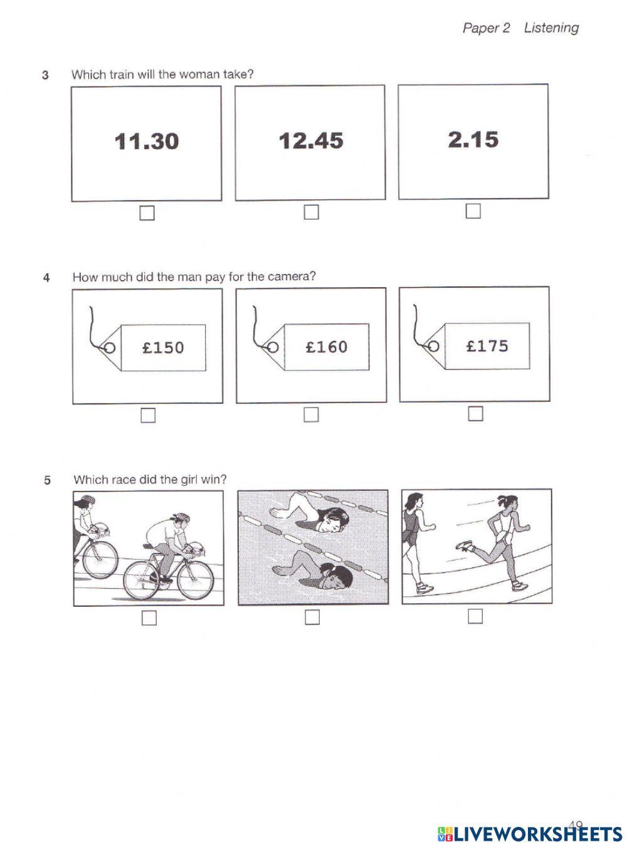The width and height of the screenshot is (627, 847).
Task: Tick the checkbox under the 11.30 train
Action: [147, 213]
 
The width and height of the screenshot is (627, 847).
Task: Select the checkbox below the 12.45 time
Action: [311, 213]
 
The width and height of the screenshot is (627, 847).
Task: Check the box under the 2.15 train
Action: [473, 211]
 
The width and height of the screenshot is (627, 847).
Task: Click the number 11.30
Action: [147, 141]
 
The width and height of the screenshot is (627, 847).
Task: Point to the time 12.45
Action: [311, 140]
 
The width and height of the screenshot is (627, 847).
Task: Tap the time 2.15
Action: [473, 139]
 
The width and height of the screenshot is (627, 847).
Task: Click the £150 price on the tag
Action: [163, 347]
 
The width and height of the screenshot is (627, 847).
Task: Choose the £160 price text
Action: [326, 347]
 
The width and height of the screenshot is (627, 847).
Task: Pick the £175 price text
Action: [487, 345]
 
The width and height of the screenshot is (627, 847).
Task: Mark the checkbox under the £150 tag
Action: [148, 416]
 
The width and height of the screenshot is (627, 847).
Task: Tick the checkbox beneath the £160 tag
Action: [311, 415]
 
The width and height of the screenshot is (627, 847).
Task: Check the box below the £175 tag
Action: [476, 414]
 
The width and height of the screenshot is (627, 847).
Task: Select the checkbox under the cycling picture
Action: [149, 618]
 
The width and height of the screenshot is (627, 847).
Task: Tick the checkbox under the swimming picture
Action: [312, 618]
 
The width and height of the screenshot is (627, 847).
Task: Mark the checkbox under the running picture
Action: [475, 617]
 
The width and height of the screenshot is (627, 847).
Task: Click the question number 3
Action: [45, 75]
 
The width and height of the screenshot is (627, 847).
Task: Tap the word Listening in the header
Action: [551, 28]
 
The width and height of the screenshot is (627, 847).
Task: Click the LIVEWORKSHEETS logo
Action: [529, 833]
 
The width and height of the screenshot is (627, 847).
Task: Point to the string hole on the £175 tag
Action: [433, 346]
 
